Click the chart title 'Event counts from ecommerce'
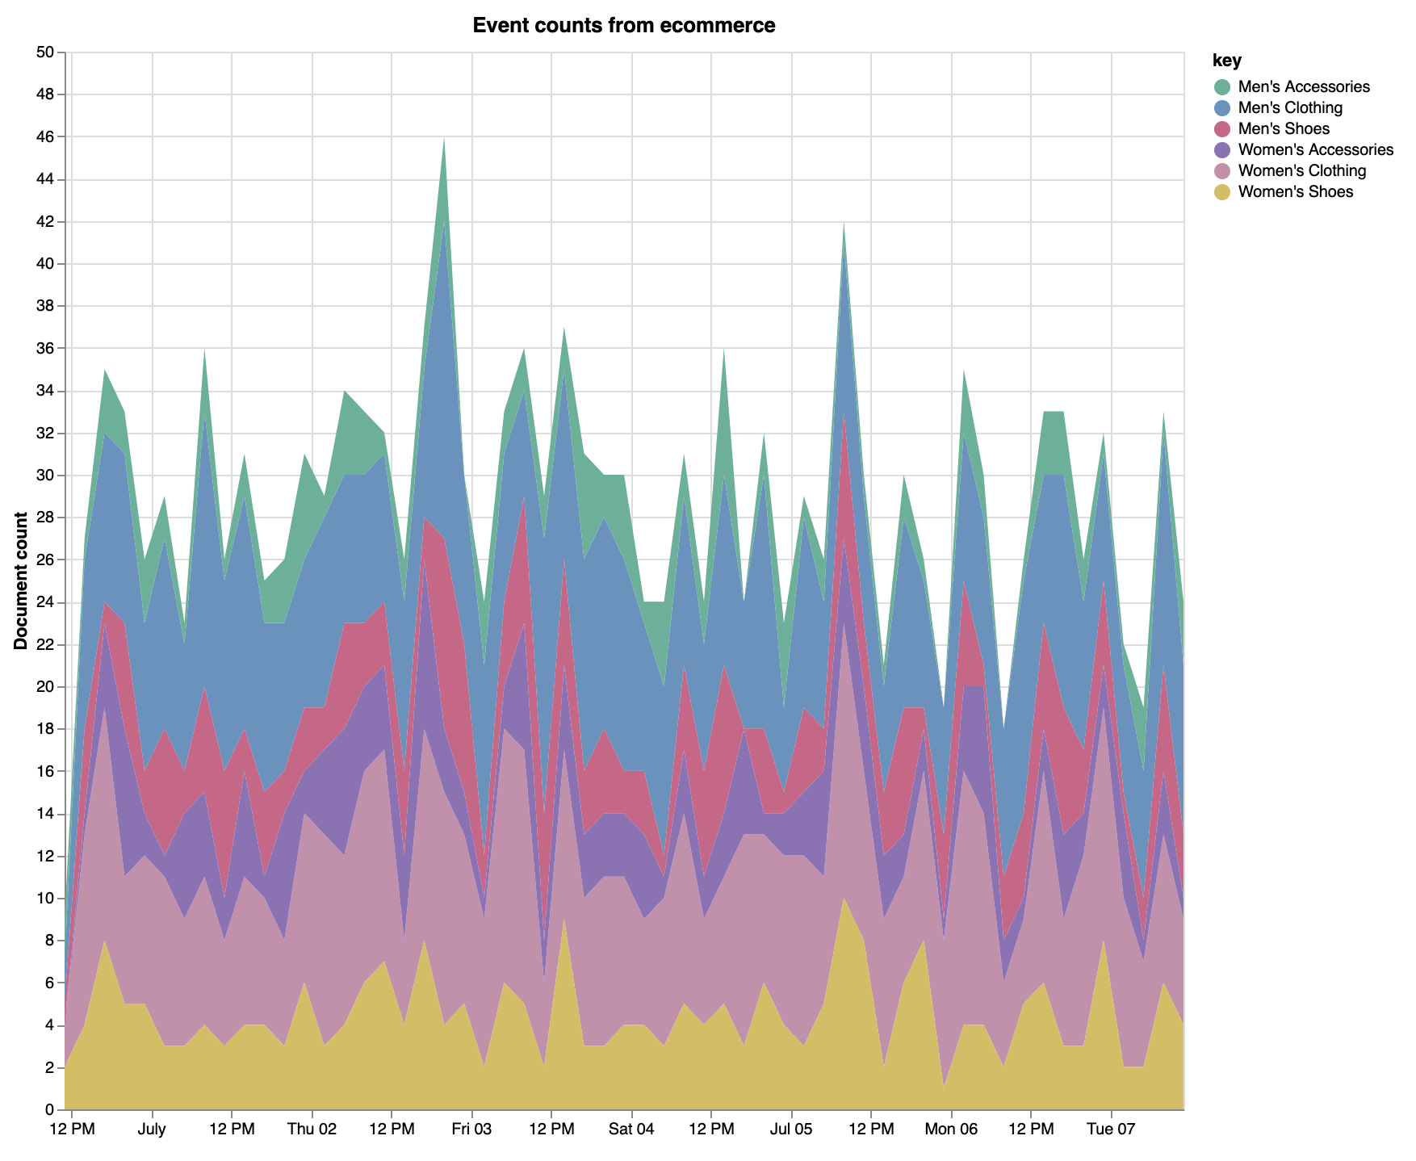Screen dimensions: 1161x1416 (623, 26)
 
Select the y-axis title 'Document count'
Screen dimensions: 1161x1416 (21, 580)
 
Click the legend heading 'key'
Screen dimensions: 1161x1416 (1226, 61)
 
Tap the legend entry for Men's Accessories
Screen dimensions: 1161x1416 (1303, 87)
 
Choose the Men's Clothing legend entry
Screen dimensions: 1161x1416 (1289, 108)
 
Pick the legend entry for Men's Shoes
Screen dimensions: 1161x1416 (1283, 129)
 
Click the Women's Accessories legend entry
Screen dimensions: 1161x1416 (1315, 150)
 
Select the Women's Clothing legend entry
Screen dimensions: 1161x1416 (1301, 171)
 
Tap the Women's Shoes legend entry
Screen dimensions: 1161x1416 (1295, 192)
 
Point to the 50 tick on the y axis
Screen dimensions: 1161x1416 (44, 53)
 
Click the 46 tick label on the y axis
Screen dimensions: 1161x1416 (44, 138)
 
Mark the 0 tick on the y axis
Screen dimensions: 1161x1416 (49, 1110)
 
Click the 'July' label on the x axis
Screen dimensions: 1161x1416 (152, 1128)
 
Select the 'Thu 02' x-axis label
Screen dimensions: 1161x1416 (312, 1128)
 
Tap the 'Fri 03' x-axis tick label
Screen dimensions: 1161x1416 (471, 1128)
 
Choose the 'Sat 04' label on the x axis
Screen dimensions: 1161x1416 (631, 1128)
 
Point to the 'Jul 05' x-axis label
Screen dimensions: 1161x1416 (791, 1128)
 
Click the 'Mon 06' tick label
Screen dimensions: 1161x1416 (951, 1128)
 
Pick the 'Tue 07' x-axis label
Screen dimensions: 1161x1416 (1111, 1128)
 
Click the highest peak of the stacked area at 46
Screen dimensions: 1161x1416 (444, 140)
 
